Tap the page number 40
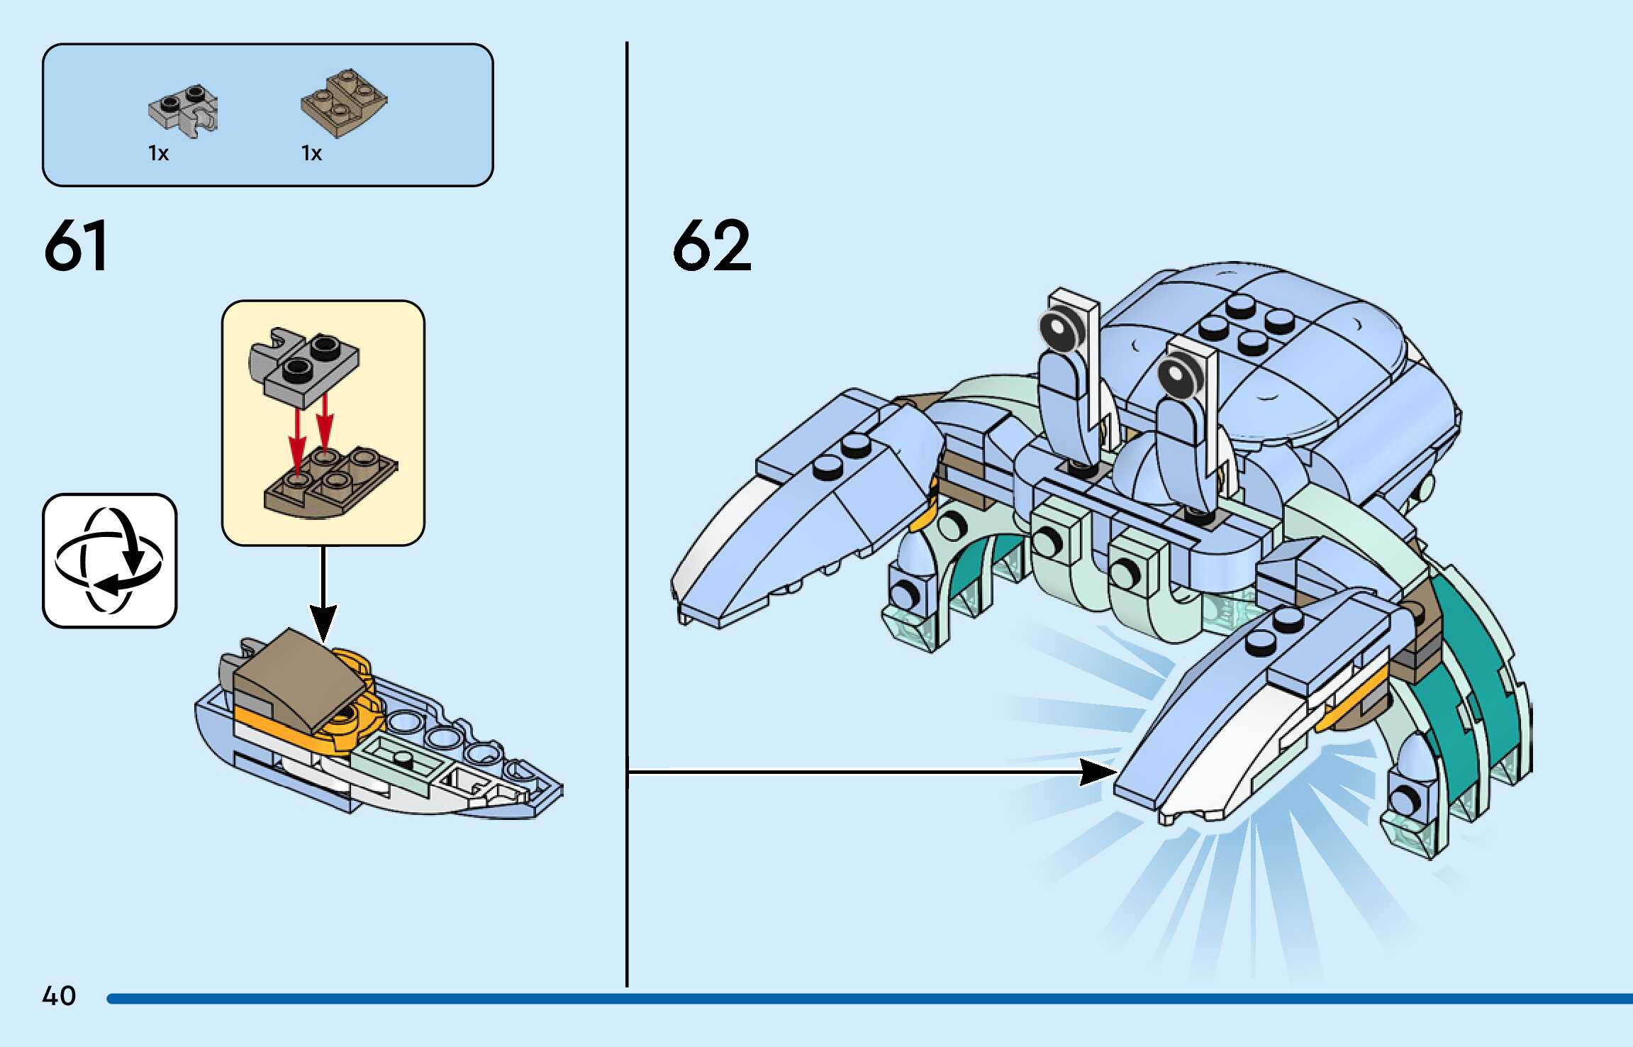click(59, 996)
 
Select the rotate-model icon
click(109, 560)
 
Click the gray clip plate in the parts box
click(184, 112)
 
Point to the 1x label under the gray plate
click(158, 153)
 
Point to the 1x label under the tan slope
click(311, 153)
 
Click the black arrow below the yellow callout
click(323, 596)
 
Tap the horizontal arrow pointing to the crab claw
click(872, 771)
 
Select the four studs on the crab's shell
click(1246, 325)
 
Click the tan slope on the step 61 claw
click(298, 677)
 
